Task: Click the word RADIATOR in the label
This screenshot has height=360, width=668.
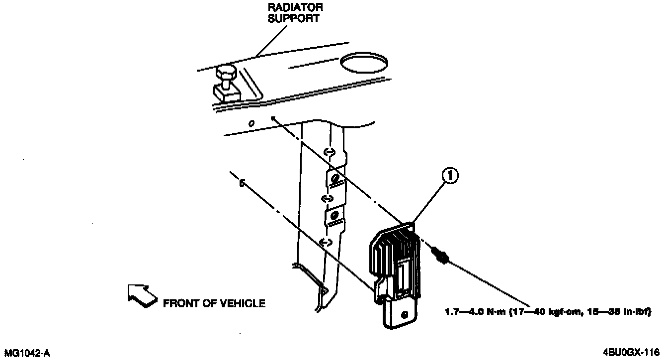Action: tap(296, 8)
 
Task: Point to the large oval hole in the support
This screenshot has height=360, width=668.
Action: tap(364, 63)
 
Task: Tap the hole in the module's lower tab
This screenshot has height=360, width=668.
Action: tap(404, 315)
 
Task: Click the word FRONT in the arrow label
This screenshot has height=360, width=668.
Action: tap(179, 303)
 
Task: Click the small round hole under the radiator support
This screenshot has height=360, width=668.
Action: tap(252, 123)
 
